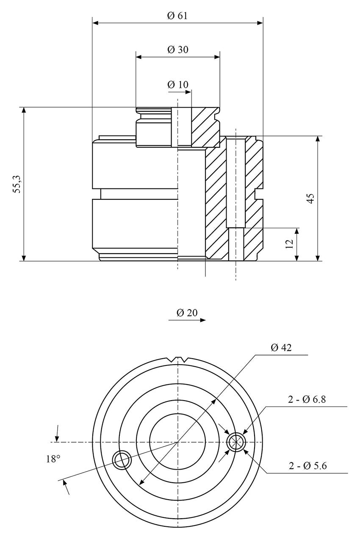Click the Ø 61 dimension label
pos(177,16)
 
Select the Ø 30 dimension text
pos(177,50)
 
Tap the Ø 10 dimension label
pos(177,84)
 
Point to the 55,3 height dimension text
pos(17,185)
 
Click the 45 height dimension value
pos(310,199)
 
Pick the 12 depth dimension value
pos(290,244)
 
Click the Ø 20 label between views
pos(187,313)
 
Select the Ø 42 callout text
pos(281,348)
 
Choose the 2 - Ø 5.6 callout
pos(307,466)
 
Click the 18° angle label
pos(53,459)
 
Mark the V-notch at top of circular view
pos(178,360)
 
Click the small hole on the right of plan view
pos(236,442)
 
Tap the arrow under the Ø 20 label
pos(187,321)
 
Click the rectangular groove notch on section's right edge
pos(257,195)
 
